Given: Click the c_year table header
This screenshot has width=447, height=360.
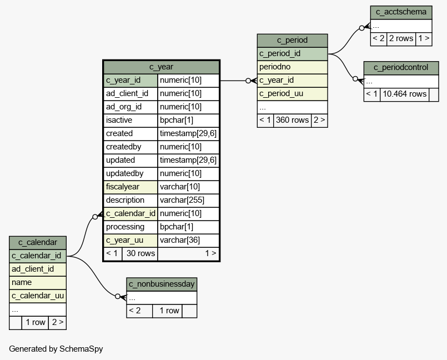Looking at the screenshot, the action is (x=161, y=67).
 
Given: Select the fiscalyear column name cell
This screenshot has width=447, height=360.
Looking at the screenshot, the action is (x=130, y=187).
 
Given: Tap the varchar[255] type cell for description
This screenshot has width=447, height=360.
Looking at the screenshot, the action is (x=188, y=200).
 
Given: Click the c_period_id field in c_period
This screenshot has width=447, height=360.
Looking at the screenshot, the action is (x=292, y=54).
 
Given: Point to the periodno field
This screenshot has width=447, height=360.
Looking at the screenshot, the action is (x=292, y=67).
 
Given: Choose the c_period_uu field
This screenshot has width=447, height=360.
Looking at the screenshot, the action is (x=292, y=94).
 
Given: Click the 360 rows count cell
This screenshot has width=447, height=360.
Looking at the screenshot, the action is (x=292, y=121).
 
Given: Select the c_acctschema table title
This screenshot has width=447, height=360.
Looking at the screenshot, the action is (x=401, y=12).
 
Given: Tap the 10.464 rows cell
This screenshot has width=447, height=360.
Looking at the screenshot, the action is (x=405, y=94).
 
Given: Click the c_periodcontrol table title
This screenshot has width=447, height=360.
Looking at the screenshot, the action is (x=401, y=68).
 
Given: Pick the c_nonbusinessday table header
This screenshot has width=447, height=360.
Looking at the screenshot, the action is (x=162, y=284).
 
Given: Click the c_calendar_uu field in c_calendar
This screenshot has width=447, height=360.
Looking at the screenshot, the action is (x=38, y=296).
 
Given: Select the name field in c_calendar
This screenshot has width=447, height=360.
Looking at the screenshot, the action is (x=38, y=283).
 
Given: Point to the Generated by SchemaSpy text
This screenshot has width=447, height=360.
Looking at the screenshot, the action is (x=56, y=349).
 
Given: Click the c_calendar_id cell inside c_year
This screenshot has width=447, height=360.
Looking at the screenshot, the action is (x=130, y=214).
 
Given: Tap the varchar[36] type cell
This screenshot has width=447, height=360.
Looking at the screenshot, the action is (x=188, y=241).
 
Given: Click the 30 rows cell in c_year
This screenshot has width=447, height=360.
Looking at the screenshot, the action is (x=140, y=253).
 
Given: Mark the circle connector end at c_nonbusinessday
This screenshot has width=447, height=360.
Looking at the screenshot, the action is (x=118, y=297).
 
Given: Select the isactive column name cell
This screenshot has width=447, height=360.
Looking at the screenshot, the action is (x=130, y=121).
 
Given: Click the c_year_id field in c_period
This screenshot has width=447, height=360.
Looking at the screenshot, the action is (x=292, y=81).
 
